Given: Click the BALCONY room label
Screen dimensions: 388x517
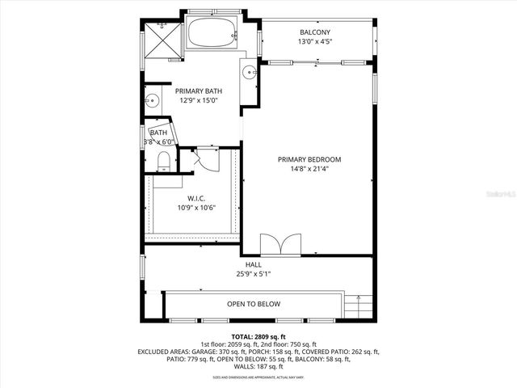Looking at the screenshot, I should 314,32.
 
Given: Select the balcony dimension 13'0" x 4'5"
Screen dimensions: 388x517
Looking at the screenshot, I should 314,42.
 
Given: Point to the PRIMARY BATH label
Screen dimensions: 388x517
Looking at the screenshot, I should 199,91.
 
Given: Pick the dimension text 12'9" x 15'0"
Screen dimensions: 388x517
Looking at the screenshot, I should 199,101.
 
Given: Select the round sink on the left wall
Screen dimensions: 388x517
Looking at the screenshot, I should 151,101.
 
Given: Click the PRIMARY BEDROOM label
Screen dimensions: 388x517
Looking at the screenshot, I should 309,159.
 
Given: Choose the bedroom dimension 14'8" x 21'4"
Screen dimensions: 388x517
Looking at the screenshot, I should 309,169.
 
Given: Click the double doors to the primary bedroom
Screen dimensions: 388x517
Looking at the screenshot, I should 272,243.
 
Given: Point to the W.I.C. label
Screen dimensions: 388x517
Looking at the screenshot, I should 196,198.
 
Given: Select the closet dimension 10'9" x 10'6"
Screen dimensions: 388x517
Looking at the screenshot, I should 196,208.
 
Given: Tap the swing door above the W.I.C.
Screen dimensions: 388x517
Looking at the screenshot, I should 207,159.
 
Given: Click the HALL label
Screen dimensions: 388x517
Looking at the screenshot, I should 253,264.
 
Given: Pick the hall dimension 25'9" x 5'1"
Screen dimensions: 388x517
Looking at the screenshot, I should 253,274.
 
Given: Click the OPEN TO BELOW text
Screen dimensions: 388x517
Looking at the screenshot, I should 253,304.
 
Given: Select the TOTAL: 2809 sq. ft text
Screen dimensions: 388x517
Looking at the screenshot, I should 258,336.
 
